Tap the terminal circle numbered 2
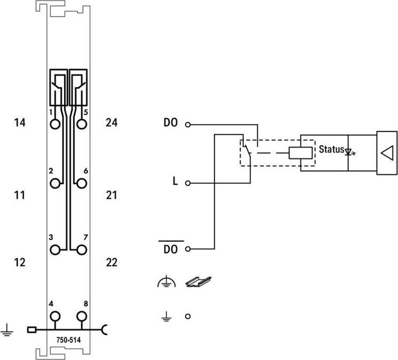click(55, 183)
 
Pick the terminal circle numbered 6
click(82, 183)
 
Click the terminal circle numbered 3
click(55, 250)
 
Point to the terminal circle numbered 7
click(82, 250)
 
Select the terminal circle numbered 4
click(55, 316)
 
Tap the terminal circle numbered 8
click(82, 316)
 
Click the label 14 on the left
click(20, 123)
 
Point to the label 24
click(112, 123)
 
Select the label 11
click(20, 195)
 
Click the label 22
click(112, 262)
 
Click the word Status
click(331, 150)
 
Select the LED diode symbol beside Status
click(348, 150)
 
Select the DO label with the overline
click(170, 249)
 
